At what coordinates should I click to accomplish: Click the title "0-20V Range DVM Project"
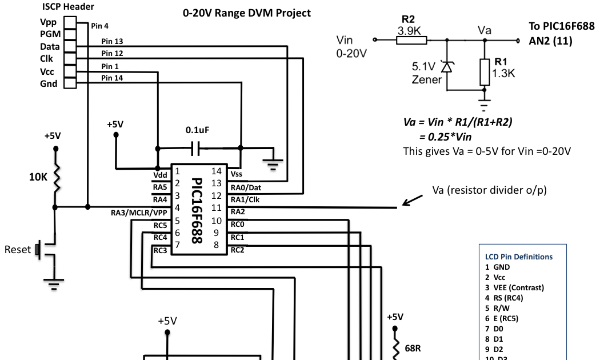247,13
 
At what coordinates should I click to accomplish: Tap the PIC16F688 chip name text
196,210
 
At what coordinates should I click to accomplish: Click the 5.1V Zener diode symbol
447,67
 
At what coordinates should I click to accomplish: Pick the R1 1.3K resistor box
485,71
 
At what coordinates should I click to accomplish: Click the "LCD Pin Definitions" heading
519,257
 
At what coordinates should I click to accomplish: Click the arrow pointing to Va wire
412,199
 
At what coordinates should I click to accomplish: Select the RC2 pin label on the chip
238,250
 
